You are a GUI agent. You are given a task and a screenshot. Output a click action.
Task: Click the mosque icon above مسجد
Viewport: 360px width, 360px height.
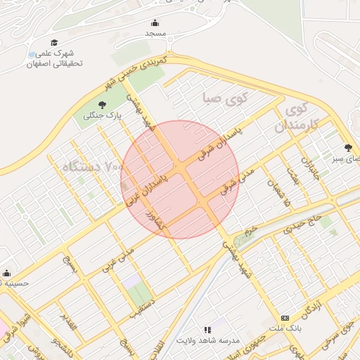pyautogui.click(x=155, y=23)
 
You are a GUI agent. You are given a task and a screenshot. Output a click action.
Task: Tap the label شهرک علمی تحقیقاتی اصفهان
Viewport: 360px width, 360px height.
pyautogui.click(x=55, y=58)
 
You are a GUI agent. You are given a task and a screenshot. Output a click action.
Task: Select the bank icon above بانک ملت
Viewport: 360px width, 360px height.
pyautogui.click(x=285, y=318)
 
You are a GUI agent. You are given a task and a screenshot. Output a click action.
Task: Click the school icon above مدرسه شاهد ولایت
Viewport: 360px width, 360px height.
pyautogui.click(x=207, y=329)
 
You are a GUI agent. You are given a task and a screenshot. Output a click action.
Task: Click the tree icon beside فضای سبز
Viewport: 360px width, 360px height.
pyautogui.click(x=348, y=148)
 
